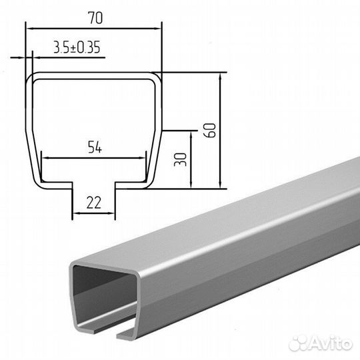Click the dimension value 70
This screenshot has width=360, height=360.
(95, 18)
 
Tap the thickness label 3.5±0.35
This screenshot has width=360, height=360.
(77, 47)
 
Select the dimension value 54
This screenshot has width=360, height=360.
(95, 147)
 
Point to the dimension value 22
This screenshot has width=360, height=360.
(94, 203)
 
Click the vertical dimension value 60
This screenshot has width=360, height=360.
(210, 131)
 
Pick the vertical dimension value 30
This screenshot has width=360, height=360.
(181, 159)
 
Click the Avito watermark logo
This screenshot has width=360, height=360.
(321, 343)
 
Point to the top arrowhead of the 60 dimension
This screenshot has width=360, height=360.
(220, 77)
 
